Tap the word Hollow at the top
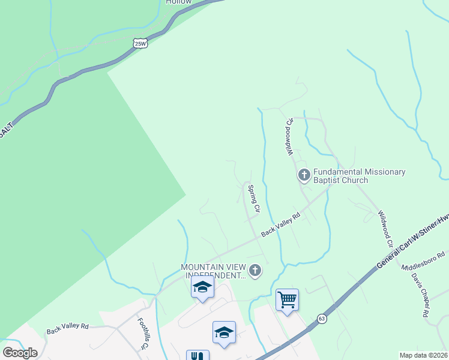(178, 2)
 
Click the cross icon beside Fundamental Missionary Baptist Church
(304, 175)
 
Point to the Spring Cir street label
(254, 199)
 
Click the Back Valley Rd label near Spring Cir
(280, 225)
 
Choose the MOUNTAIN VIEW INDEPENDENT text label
(213, 271)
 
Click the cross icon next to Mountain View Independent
(255, 271)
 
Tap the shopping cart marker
(287, 299)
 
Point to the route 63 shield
(322, 318)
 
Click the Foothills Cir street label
(142, 334)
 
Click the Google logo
(20, 352)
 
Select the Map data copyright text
(423, 355)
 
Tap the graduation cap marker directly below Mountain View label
(202, 287)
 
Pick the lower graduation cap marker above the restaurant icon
(224, 332)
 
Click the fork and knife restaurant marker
(197, 355)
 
